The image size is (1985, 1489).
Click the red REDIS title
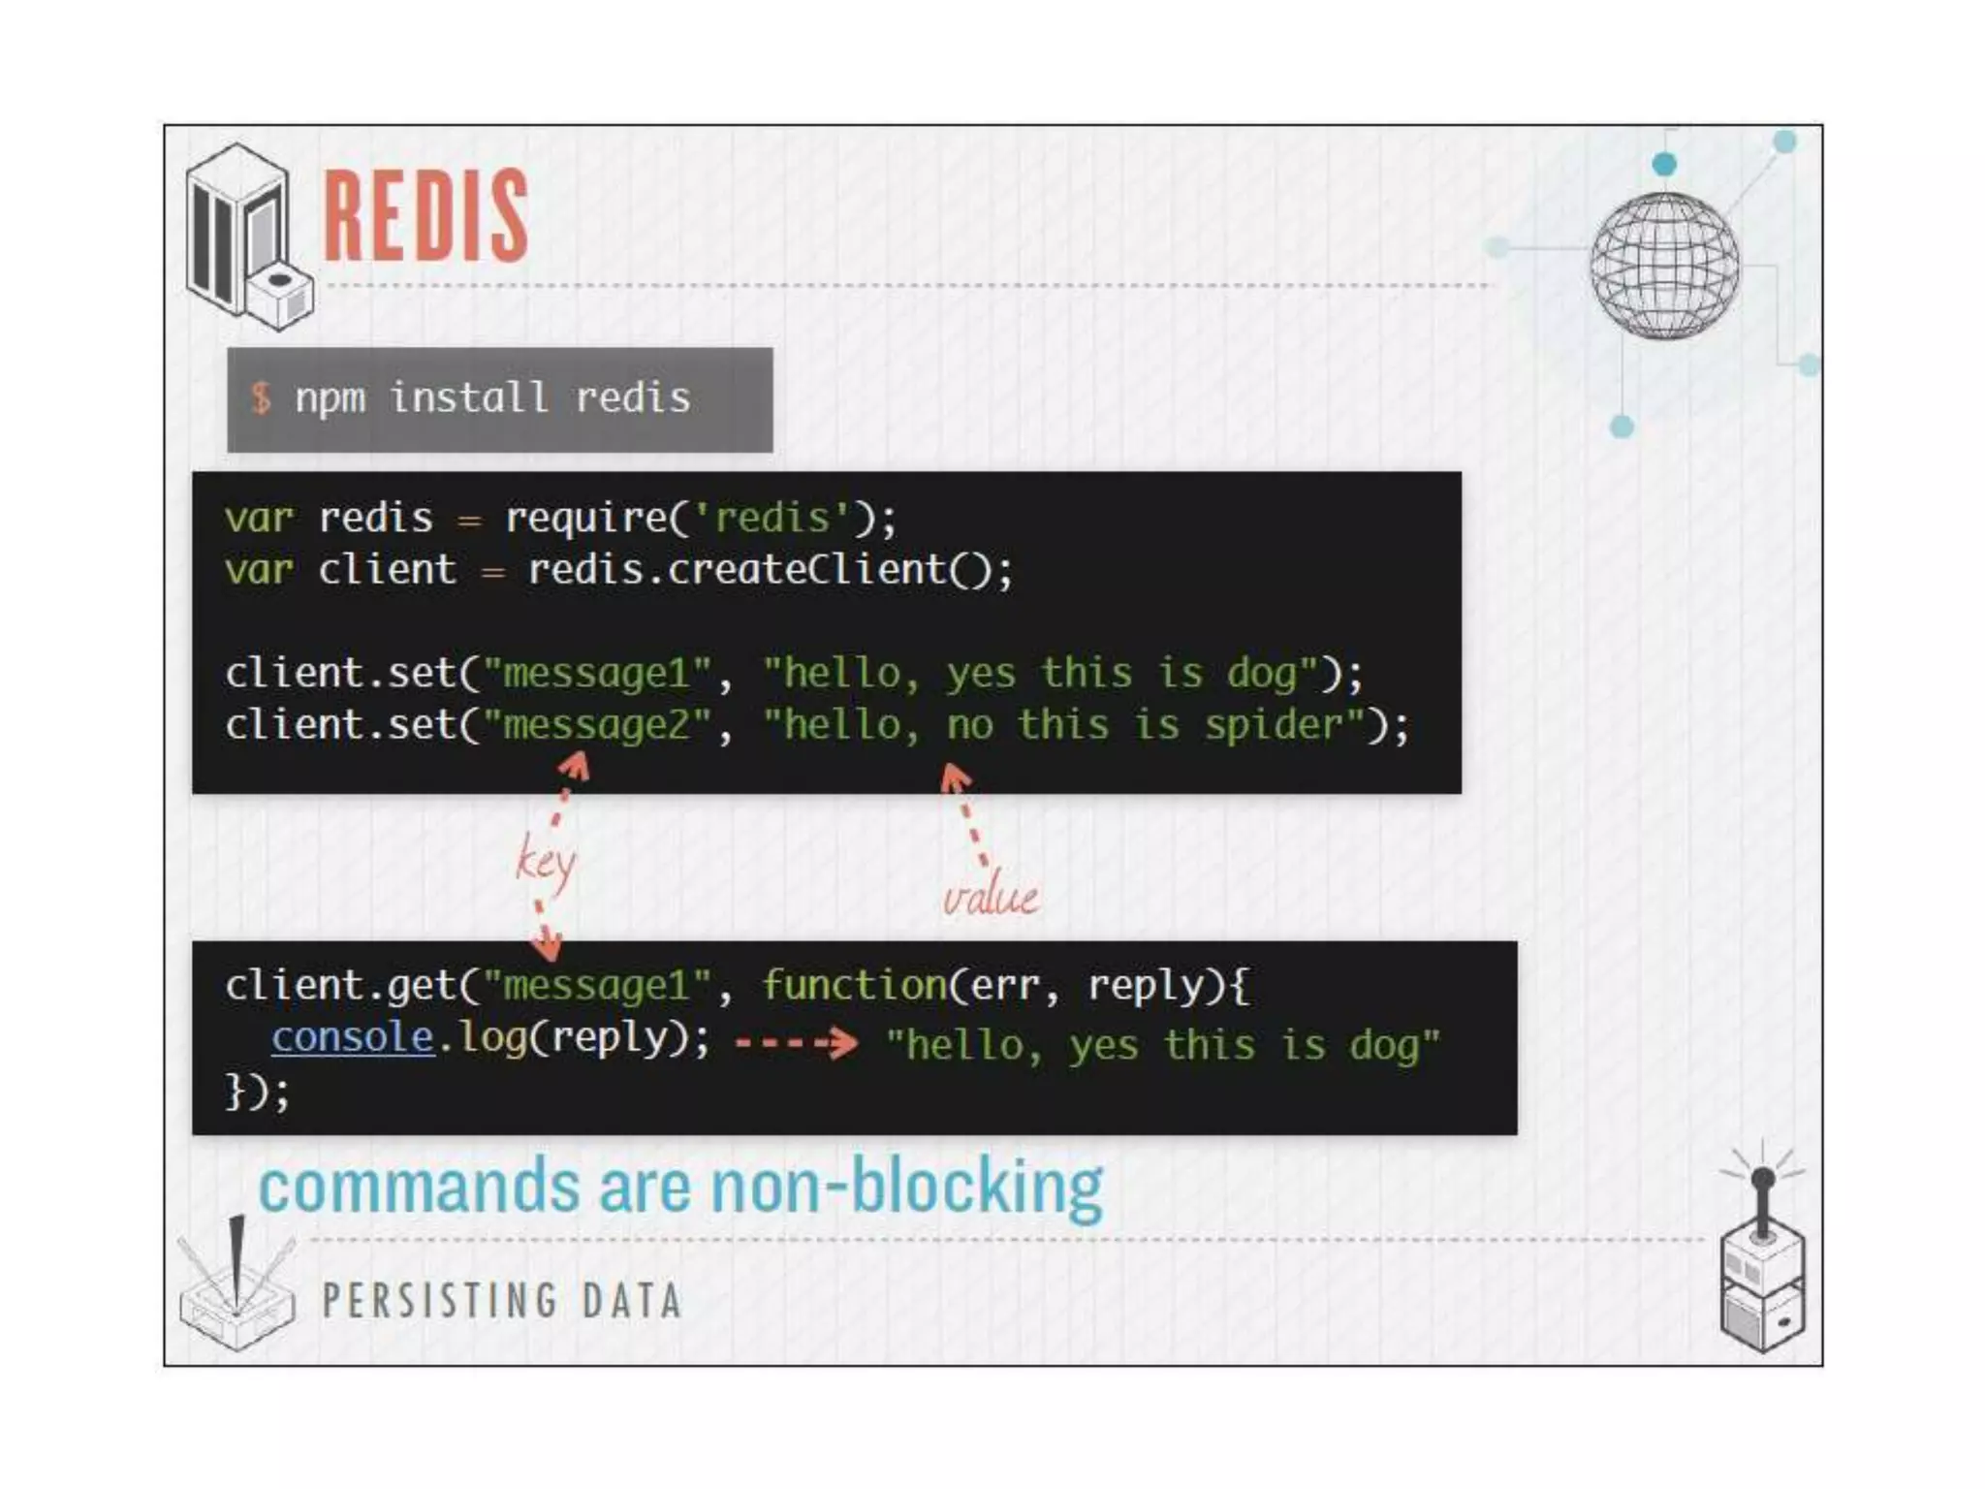pyautogui.click(x=425, y=215)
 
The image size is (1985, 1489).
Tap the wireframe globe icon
pyautogui.click(x=1664, y=266)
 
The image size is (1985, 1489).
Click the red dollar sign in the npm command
pyautogui.click(x=261, y=397)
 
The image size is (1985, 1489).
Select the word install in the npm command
pyautogui.click(x=469, y=397)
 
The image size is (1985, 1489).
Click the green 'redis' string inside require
pyautogui.click(x=772, y=518)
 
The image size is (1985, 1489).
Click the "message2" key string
pyautogui.click(x=597, y=724)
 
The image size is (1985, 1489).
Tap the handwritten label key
pyautogui.click(x=546, y=862)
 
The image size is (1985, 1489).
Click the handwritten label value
pyautogui.click(x=990, y=897)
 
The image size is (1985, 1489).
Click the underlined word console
pyautogui.click(x=352, y=1037)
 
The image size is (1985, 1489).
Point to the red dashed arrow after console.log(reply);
pyautogui.click(x=796, y=1043)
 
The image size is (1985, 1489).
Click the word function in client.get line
pyautogui.click(x=854, y=985)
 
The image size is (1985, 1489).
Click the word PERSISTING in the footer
pyautogui.click(x=440, y=1300)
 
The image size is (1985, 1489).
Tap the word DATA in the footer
pyautogui.click(x=632, y=1300)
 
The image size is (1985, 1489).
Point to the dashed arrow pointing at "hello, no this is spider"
pyautogui.click(x=967, y=814)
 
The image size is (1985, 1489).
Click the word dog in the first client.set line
pyautogui.click(x=1262, y=673)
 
